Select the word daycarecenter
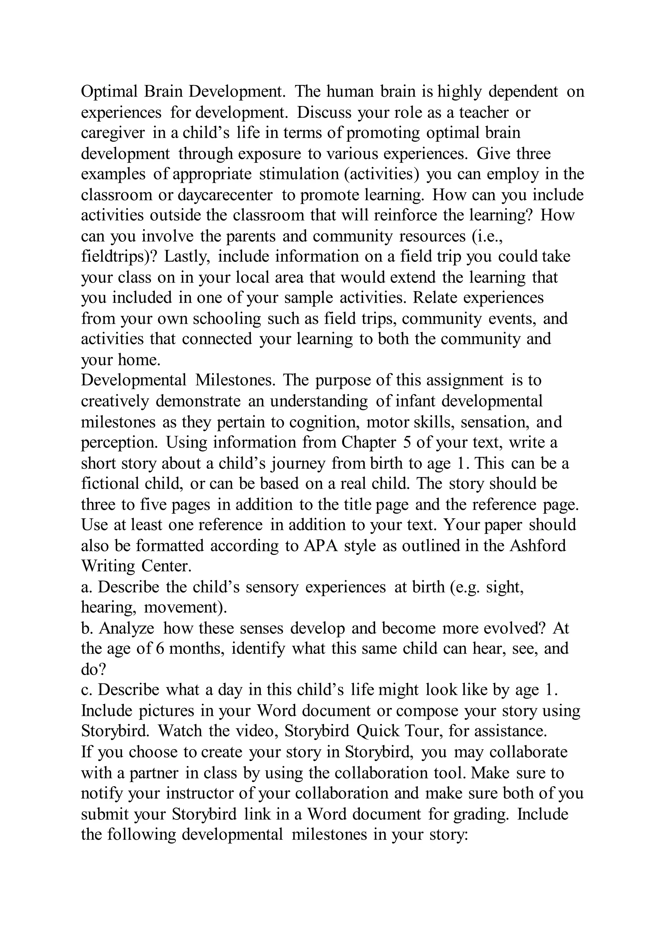[x=225, y=195]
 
